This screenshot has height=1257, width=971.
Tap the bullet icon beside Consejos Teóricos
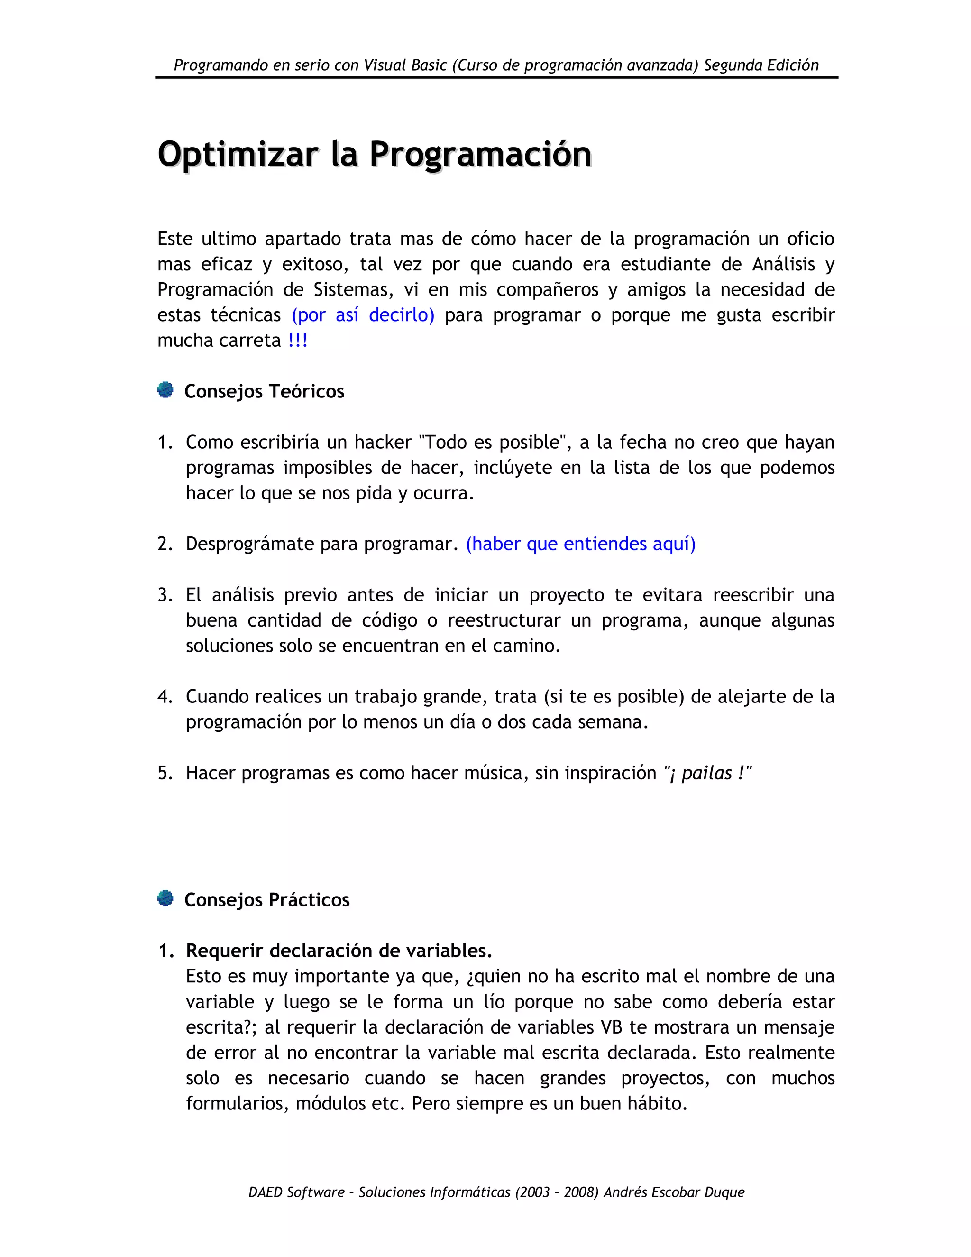pos(165,390)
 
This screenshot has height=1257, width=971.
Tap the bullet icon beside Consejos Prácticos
pos(165,898)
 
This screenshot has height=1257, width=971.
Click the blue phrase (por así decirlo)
pos(363,315)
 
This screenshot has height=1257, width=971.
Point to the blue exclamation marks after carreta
pos(298,340)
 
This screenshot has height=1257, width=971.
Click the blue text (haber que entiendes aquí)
pos(580,544)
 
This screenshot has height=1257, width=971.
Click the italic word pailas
pos(707,773)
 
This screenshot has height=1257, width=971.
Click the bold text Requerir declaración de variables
pos(339,951)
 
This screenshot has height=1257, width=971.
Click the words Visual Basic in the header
pos(405,65)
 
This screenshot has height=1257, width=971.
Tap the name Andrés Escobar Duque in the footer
pos(674,1192)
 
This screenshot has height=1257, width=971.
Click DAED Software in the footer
pos(296,1192)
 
